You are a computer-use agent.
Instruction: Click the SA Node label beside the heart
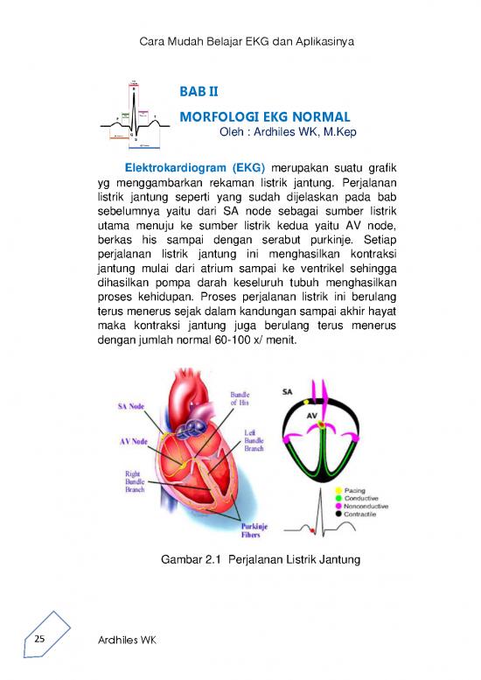point(132,406)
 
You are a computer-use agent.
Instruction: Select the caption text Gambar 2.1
point(185,559)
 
